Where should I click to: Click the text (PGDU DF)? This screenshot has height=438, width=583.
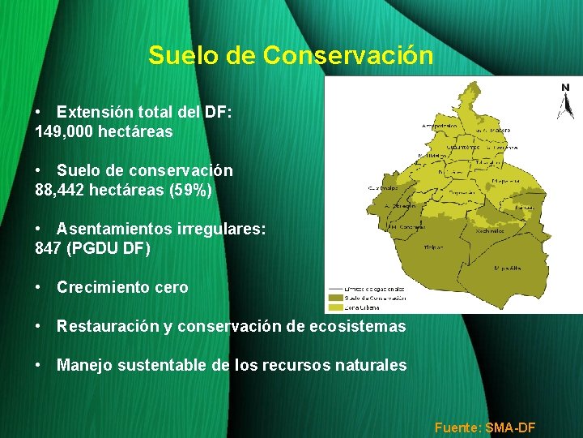tap(109, 249)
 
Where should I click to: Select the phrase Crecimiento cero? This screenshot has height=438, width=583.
tap(122, 287)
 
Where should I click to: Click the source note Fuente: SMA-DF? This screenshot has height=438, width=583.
tap(485, 427)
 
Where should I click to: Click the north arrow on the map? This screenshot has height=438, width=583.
tap(564, 101)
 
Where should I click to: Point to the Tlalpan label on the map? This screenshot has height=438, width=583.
tap(434, 247)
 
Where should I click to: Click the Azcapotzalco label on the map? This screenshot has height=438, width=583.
tap(438, 127)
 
